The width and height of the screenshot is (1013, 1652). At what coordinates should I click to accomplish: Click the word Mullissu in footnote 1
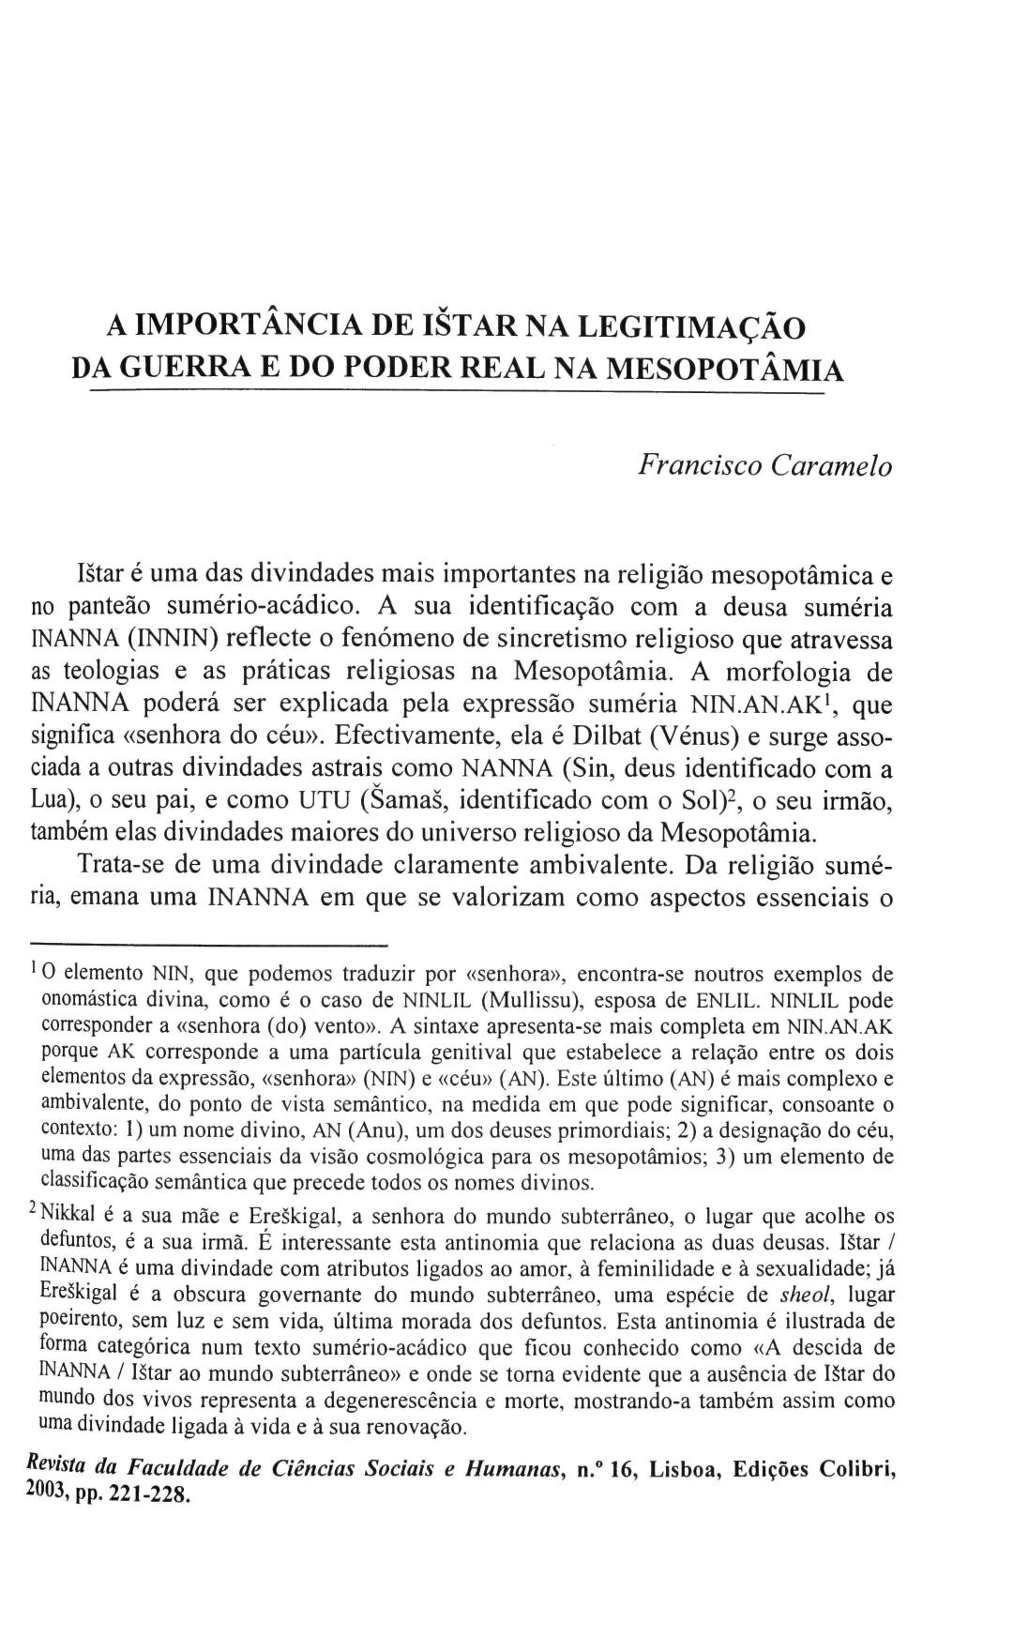pyautogui.click(x=537, y=1000)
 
